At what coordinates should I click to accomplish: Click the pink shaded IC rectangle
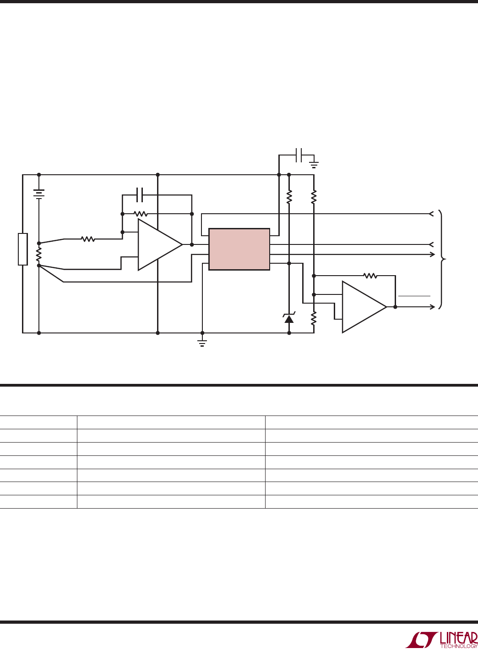239,249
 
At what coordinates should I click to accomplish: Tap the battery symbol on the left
39,194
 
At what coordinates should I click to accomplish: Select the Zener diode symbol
289,318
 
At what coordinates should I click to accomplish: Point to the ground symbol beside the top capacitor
314,165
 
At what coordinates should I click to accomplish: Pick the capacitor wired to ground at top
299,155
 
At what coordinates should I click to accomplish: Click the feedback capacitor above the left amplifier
140,195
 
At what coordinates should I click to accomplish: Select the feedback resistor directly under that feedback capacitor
141,214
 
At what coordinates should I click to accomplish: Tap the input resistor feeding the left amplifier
88,239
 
